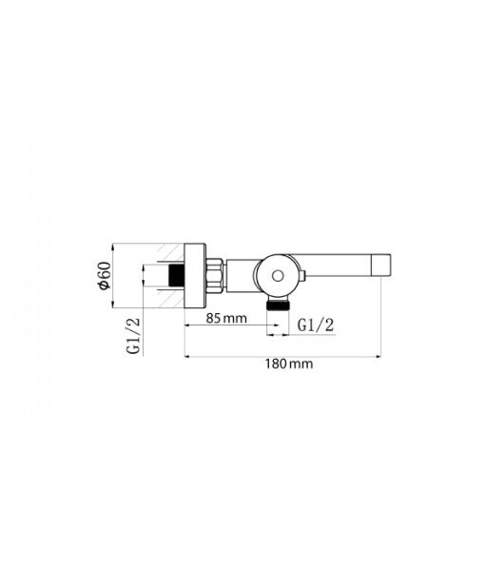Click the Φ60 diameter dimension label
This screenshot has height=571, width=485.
pos(105,276)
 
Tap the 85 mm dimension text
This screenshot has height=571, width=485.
pos(226,318)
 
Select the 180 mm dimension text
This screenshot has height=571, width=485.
pos(289,364)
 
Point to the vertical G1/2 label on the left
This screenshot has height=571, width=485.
pos(133,335)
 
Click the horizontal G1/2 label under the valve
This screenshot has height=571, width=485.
pos(316,325)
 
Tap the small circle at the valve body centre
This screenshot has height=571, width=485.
pos(278,276)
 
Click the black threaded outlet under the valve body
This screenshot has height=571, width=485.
pos(278,305)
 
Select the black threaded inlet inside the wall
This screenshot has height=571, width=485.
pos(177,275)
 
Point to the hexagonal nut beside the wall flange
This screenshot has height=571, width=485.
pos(215,276)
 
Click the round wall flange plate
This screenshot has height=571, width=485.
pos(195,276)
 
